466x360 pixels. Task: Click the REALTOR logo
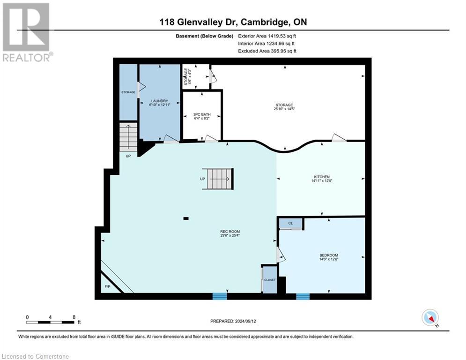point(26,32)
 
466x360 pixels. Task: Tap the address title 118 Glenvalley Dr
point(232,22)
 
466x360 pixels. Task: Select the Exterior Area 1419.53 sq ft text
point(267,36)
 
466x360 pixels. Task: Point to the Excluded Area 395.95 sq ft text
point(267,51)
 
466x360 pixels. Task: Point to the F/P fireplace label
point(106,286)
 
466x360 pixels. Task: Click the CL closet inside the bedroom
point(290,224)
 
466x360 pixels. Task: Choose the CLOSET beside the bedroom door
point(269,279)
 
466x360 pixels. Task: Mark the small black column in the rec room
point(186,218)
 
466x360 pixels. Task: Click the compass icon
point(430,318)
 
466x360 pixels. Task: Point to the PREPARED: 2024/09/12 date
point(233,321)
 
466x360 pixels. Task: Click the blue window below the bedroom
point(303,296)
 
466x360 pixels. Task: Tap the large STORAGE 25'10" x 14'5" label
point(284,107)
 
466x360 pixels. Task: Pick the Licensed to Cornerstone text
point(35,356)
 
